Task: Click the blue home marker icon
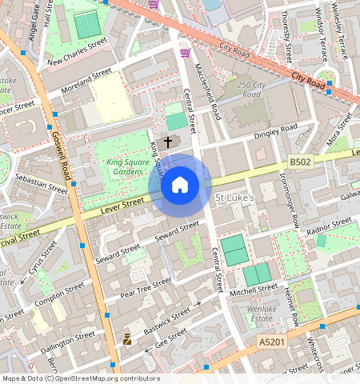(x=180, y=186)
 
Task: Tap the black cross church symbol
(x=168, y=142)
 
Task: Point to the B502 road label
(x=300, y=162)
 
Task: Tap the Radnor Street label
(x=329, y=225)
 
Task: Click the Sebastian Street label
(x=41, y=182)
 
